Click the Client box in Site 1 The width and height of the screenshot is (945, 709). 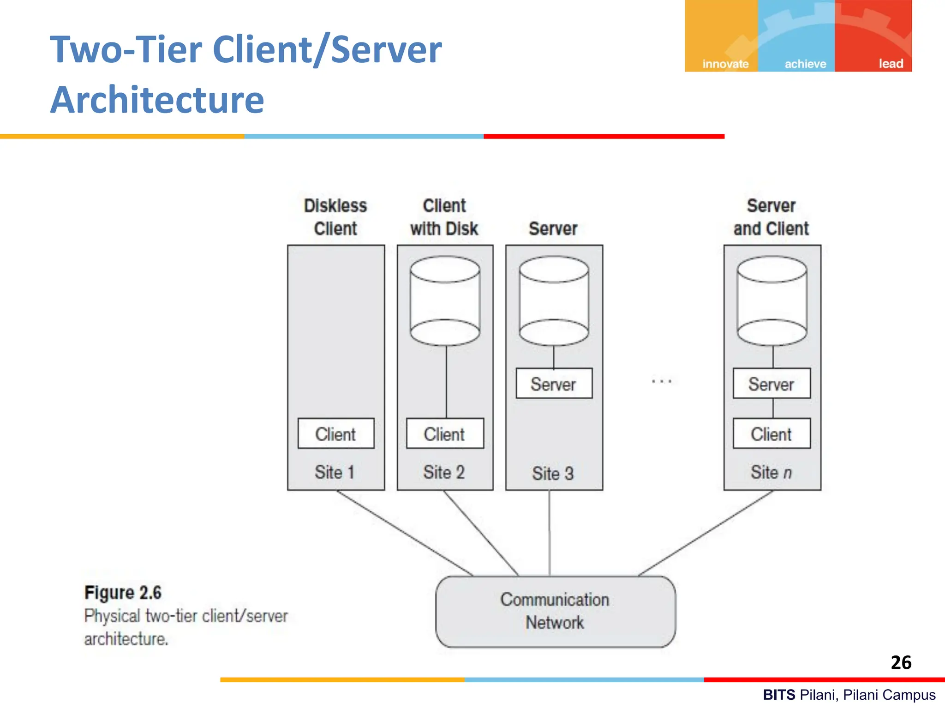tap(336, 433)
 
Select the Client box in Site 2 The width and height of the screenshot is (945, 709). tap(445, 433)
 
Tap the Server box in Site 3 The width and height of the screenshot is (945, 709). tap(554, 383)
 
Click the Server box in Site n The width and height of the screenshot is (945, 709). tap(772, 383)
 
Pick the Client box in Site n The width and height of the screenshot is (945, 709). tap(772, 433)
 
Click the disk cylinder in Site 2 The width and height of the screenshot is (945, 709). tap(445, 301)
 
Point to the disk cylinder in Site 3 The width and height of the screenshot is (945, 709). tap(554, 301)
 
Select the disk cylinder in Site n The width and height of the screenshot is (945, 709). tap(772, 301)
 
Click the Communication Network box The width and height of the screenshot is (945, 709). tap(556, 611)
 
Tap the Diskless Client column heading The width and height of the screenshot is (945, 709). tap(335, 217)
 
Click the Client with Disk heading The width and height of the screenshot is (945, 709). tap(444, 217)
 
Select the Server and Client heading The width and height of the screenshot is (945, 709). tap(771, 217)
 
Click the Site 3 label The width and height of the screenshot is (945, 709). tap(553, 474)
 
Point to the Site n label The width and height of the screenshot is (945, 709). tap(771, 472)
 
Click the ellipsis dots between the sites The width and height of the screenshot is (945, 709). tap(662, 381)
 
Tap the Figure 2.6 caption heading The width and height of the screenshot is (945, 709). tap(123, 593)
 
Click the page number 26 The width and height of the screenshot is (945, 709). tap(901, 662)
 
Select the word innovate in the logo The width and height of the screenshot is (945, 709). tap(725, 64)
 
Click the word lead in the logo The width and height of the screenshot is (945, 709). tap(891, 64)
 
